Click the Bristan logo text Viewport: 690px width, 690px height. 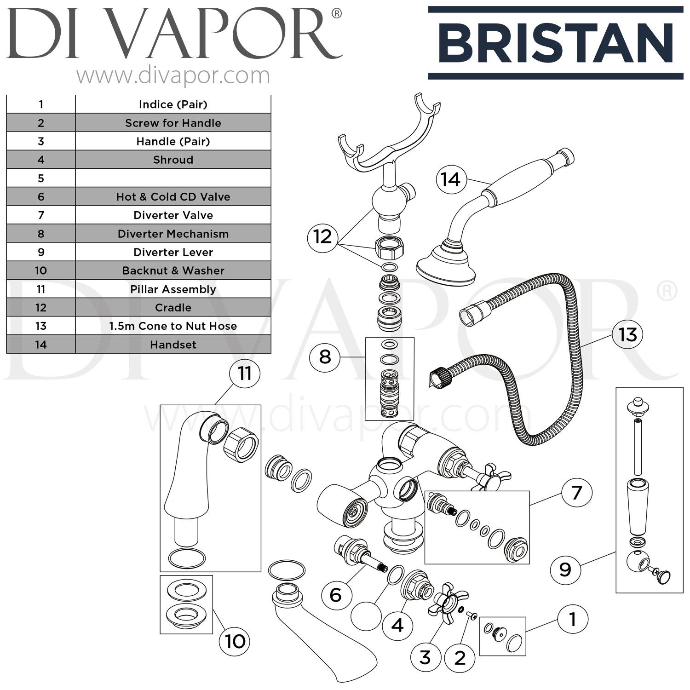point(556,43)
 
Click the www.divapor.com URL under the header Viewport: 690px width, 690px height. point(173,75)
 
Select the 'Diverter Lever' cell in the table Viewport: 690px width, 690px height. point(173,252)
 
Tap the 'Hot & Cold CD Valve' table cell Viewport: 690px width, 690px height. point(173,197)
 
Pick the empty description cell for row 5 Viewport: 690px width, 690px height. point(173,178)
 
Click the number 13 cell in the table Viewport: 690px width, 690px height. point(41,326)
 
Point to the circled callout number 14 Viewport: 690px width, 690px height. point(450,179)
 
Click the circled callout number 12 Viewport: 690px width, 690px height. point(322,237)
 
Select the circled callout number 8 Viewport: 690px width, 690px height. point(325,356)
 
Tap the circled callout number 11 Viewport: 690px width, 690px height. point(244,374)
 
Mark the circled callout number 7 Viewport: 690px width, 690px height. point(576,493)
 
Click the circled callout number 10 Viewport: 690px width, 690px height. point(235,641)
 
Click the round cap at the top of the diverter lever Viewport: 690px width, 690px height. point(637,406)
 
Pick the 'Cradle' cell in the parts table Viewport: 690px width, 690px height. point(173,307)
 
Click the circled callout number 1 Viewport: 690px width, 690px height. point(573,619)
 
